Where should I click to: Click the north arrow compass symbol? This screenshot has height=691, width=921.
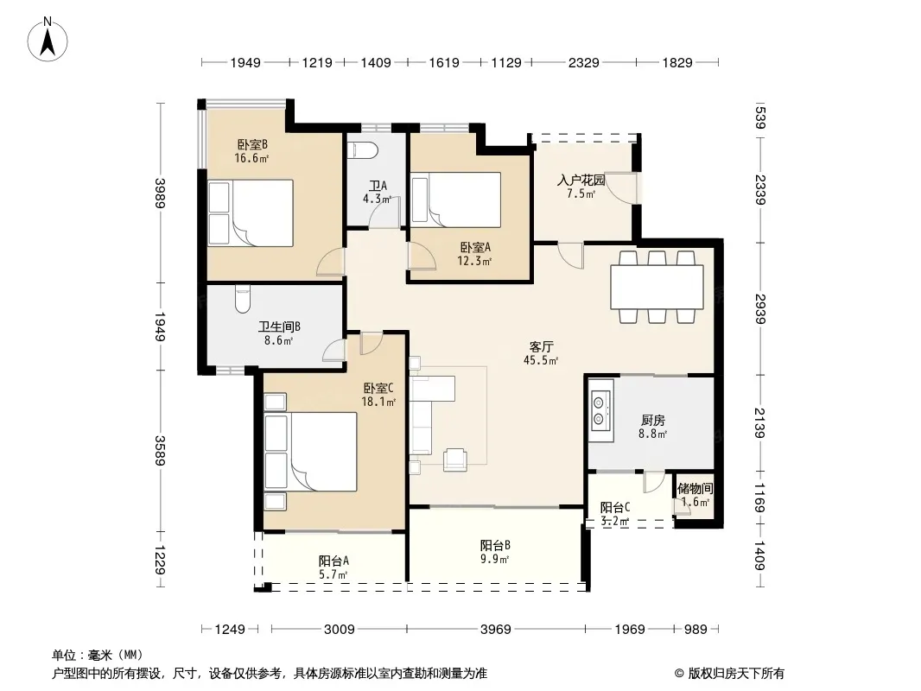48,40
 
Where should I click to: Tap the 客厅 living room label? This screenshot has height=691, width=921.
541,347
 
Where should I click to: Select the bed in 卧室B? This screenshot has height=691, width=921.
251,212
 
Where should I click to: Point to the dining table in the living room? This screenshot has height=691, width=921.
657,287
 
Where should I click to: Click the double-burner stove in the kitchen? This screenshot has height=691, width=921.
600,410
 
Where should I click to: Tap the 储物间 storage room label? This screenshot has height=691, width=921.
695,489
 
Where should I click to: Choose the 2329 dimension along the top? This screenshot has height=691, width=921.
583,62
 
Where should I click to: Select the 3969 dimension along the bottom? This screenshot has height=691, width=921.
495,630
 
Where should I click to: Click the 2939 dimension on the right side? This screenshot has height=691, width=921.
760,309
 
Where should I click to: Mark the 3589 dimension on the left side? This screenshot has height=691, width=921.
160,450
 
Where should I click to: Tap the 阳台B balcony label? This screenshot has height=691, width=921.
494,545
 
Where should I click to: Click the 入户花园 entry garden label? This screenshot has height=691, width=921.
581,180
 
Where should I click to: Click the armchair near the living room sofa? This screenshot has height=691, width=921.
455,460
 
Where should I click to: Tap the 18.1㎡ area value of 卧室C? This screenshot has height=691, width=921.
378,403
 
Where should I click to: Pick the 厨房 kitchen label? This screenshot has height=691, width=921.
652,421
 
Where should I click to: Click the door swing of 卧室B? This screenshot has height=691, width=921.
331,263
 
